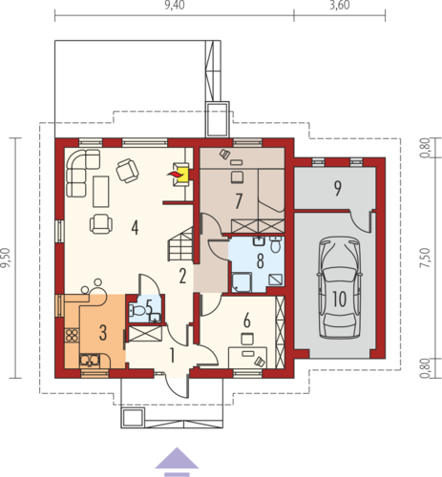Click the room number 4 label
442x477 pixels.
(135, 228)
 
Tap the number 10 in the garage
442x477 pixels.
(340, 299)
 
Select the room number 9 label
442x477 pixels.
(337, 188)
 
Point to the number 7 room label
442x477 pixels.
(239, 201)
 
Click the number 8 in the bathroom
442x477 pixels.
(261, 261)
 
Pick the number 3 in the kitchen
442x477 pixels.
(103, 333)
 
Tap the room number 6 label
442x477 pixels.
(247, 321)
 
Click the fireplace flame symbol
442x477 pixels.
(174, 174)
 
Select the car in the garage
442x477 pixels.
(340, 288)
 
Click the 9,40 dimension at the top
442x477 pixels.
(175, 6)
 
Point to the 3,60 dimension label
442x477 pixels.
(340, 6)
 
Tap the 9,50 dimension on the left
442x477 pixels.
(6, 258)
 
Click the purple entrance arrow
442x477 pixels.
(177, 462)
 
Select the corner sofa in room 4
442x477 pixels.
(82, 173)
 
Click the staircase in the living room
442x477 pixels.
(180, 243)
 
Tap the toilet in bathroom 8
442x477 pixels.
(275, 244)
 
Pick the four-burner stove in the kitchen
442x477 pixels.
(72, 335)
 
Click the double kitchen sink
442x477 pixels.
(90, 361)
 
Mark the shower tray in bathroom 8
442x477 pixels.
(242, 282)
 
